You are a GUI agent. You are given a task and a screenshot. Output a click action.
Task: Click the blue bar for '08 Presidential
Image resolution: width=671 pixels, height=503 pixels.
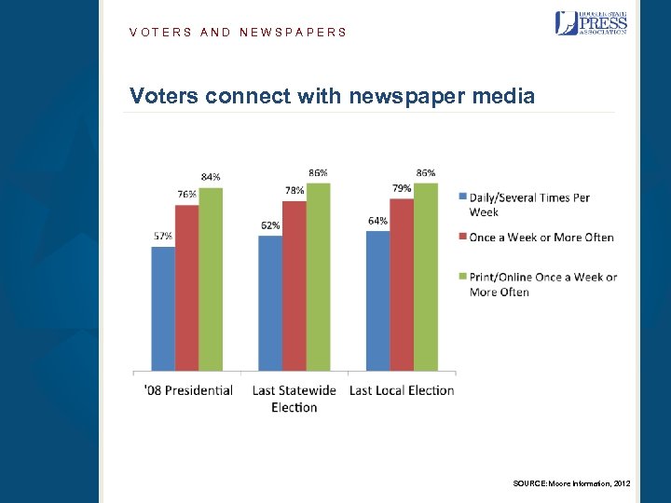pos(163,308)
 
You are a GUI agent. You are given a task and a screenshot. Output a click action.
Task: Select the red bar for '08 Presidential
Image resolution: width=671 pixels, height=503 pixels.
pos(187,288)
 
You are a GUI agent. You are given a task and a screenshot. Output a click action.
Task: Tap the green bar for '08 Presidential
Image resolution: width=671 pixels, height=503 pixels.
pos(211,279)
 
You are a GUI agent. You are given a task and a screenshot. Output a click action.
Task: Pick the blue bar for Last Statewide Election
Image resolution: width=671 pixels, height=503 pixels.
pos(270,303)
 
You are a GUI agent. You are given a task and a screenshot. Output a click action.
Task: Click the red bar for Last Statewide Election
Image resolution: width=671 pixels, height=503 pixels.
pos(294,286)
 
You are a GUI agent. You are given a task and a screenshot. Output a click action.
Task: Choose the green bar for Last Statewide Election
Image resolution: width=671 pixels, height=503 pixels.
pos(319,277)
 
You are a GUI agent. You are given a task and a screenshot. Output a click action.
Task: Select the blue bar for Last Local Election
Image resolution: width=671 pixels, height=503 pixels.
pos(377,300)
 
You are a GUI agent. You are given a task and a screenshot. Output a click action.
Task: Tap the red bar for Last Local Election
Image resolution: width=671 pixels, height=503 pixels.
pos(402,284)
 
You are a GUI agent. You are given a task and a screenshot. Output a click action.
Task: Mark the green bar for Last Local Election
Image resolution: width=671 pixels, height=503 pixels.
pos(426,277)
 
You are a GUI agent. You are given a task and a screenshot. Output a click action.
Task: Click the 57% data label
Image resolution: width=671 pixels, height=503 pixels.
pos(162,237)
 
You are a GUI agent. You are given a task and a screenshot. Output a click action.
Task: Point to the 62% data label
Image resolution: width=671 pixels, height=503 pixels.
pos(270,225)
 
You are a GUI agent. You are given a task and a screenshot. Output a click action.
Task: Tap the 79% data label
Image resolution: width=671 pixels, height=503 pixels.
pos(402,188)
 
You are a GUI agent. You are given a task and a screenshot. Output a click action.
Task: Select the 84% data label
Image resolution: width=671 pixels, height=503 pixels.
pos(211,177)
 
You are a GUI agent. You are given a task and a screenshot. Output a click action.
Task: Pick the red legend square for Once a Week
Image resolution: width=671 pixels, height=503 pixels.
pos(462,238)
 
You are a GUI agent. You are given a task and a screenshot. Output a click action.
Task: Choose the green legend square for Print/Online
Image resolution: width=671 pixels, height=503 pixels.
pos(462,278)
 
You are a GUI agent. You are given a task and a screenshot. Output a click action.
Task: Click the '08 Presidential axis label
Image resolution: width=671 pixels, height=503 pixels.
pos(188,390)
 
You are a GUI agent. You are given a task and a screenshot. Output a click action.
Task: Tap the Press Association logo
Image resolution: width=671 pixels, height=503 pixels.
pos(591,22)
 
